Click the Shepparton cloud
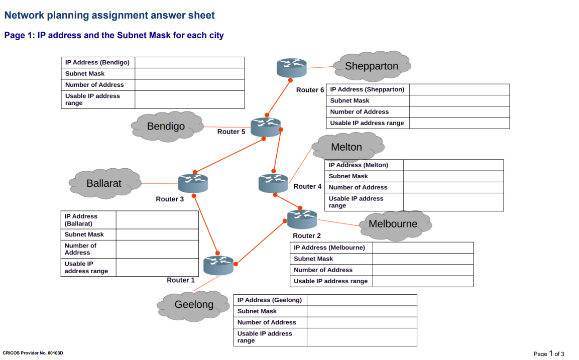372,66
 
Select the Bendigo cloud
166,127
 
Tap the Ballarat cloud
104,183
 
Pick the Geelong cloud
194,305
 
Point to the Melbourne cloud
394,224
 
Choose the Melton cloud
347,147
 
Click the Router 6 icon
291,67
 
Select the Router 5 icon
265,127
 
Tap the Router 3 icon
192,183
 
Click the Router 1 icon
218,265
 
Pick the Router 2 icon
302,219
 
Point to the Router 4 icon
273,183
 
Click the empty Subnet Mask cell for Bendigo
189,74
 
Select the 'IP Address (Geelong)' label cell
270,300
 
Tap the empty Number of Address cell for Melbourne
422,270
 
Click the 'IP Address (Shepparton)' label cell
368,89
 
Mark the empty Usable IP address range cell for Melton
453,202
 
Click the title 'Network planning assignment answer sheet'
109,16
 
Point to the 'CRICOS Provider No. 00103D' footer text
33,353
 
